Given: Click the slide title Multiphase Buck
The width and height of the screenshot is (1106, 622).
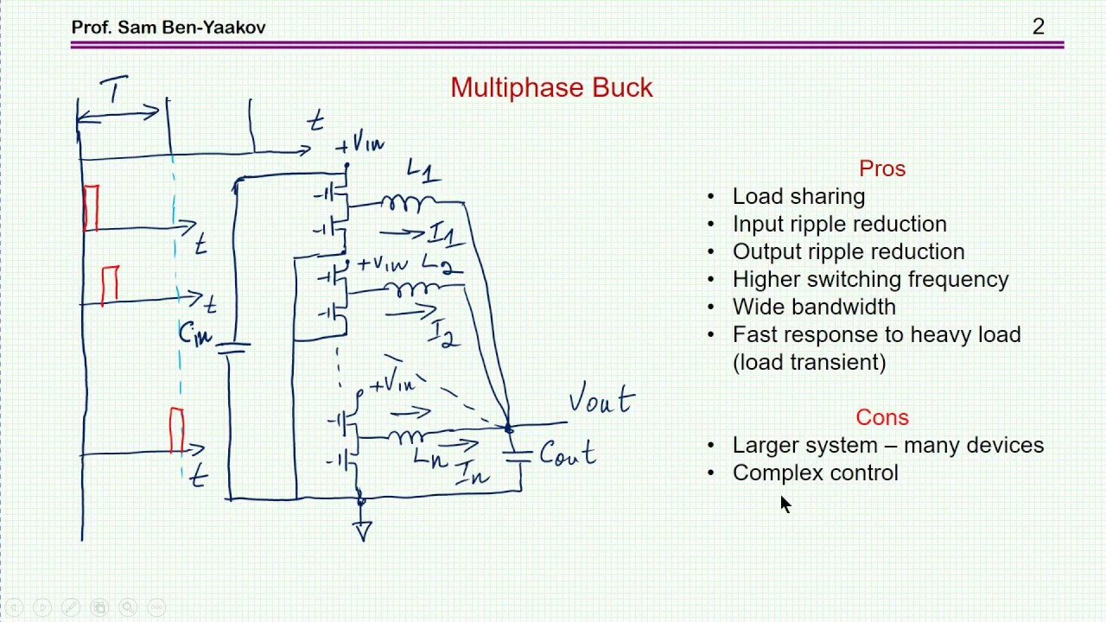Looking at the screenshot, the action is [x=551, y=87].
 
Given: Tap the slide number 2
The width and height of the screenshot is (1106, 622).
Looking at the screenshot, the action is [x=1039, y=27].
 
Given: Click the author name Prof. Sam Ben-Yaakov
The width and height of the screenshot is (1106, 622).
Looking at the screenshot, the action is [x=168, y=27].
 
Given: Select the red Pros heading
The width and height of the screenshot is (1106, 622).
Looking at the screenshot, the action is [x=882, y=168].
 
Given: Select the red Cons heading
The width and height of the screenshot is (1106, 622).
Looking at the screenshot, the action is [x=882, y=417].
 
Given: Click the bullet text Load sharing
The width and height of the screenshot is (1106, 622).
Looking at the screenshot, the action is [x=799, y=196].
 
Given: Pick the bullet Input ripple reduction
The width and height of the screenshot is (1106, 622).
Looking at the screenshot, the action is [x=840, y=224].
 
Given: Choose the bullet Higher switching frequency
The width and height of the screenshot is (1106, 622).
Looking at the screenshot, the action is [x=871, y=279].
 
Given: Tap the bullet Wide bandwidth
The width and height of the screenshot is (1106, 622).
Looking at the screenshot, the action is [x=814, y=307].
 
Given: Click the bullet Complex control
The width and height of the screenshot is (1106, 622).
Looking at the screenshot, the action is [x=816, y=473].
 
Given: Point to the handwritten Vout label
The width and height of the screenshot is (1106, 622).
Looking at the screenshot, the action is [x=601, y=398].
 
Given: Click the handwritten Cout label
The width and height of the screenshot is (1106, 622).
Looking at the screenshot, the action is [x=568, y=453].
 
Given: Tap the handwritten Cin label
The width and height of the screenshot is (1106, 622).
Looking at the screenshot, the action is [x=195, y=333].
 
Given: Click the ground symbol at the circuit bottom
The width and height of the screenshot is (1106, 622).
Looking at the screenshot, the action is [x=363, y=531].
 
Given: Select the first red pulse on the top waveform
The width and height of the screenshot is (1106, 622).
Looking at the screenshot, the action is [x=92, y=208].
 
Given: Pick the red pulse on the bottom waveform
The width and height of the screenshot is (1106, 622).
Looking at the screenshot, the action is [x=177, y=430].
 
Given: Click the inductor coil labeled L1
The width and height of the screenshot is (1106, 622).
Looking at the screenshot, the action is [x=408, y=203].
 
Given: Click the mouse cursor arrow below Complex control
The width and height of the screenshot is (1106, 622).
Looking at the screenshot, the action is [x=785, y=505].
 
